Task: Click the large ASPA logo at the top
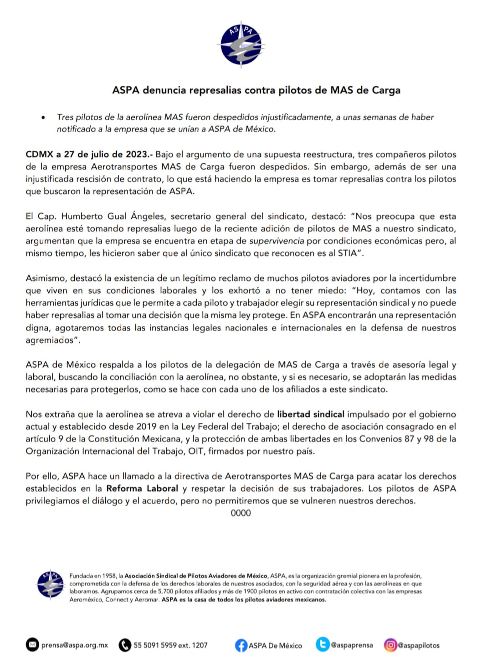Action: tap(241, 45)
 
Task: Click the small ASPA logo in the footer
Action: tap(51, 583)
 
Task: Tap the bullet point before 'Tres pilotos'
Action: tap(43, 117)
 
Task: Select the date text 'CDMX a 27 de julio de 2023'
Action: tap(87, 154)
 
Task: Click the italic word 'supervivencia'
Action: tap(277, 241)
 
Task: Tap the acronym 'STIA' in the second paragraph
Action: tap(347, 253)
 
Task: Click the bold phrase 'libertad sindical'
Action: tap(311, 414)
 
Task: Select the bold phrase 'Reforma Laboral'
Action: tap(142, 488)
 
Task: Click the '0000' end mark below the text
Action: tap(241, 513)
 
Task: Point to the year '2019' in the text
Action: tap(147, 426)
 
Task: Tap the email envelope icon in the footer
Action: tap(32, 645)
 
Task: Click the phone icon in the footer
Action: tap(125, 645)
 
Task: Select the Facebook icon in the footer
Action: tap(241, 645)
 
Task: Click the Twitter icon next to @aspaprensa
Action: tap(323, 644)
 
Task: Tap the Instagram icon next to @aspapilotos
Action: tap(390, 645)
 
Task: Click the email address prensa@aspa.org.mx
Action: tap(75, 645)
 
